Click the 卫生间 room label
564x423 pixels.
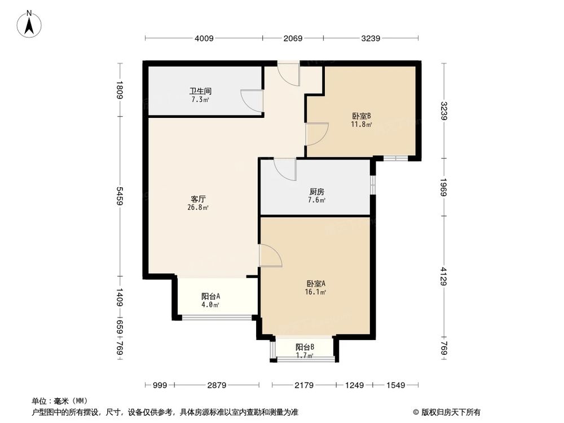coord(200,91)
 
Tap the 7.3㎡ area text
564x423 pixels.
coord(200,100)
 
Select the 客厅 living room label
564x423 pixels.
coord(198,199)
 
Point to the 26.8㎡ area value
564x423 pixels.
coord(198,208)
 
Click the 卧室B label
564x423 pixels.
coord(362,116)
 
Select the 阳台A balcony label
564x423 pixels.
coord(210,296)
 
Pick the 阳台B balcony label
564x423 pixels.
coord(305,347)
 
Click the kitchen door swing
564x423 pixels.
coord(284,169)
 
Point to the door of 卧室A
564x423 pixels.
coord(270,255)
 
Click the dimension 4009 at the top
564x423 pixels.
coord(204,38)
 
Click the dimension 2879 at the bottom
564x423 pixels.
coord(216,385)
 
